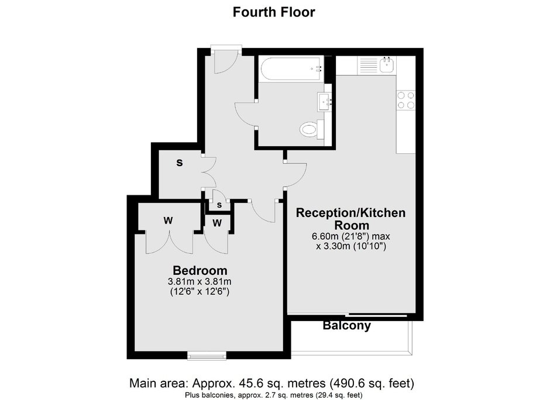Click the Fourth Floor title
(274, 12)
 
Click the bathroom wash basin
(325, 102)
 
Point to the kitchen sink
(387, 64)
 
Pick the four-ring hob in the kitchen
(406, 101)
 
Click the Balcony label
(347, 326)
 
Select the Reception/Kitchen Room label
(351, 219)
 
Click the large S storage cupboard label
(180, 164)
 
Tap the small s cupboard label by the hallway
(219, 205)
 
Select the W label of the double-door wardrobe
(168, 221)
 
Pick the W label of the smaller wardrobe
(217, 223)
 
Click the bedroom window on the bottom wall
(207, 354)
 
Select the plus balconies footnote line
(271, 395)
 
